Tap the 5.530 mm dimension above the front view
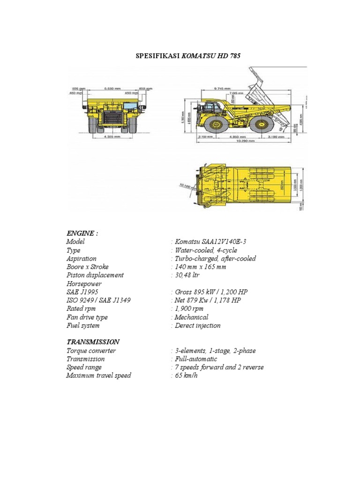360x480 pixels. click(112, 88)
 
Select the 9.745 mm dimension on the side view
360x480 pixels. click(221, 88)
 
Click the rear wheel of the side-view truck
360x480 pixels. click(260, 124)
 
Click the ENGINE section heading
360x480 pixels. click(82, 233)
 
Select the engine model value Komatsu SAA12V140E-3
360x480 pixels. click(210, 241)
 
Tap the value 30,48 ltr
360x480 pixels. click(187, 275)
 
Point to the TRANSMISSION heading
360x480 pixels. click(93, 342)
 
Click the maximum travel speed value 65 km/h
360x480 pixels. click(186, 376)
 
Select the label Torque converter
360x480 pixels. click(91, 351)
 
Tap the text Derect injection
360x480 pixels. click(197, 326)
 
